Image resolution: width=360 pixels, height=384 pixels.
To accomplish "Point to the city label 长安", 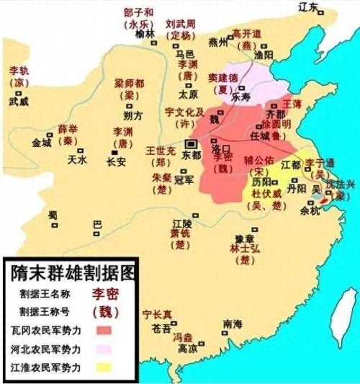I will (x=116, y=162).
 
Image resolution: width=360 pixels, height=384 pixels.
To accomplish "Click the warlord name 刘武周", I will (x=180, y=23).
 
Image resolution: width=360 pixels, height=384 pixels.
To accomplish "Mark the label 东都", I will (x=191, y=155).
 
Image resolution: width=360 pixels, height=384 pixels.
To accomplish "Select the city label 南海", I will (x=233, y=323).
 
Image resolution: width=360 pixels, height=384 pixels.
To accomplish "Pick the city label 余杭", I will (x=311, y=213).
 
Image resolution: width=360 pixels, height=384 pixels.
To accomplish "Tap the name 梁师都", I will (x=130, y=83).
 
